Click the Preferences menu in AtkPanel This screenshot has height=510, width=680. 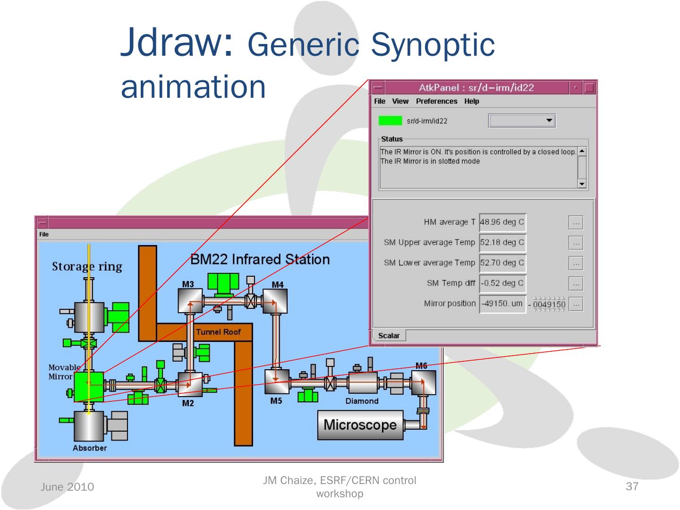tap(436, 101)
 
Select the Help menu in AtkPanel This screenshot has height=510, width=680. tap(471, 101)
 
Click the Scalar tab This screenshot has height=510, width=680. tap(389, 336)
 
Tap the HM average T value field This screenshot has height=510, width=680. tap(502, 222)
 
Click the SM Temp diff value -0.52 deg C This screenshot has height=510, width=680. tap(502, 283)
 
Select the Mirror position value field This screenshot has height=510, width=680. tap(502, 304)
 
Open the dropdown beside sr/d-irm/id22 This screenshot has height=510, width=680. tap(522, 121)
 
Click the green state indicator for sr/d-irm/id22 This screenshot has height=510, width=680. tap(390, 121)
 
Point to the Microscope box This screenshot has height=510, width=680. tap(360, 425)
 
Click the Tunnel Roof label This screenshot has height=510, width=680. tap(218, 332)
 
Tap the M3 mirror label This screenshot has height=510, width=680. tap(188, 284)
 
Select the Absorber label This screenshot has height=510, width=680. tap(90, 448)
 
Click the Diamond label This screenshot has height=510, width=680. tap(362, 401)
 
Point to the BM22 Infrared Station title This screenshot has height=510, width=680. tap(260, 260)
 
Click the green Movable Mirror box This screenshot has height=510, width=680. tap(89, 387)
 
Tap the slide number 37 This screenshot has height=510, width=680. tap(632, 486)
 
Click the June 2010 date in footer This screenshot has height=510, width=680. tap(67, 487)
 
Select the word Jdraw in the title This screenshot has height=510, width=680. tap(177, 43)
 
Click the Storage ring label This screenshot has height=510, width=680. tap(87, 267)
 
